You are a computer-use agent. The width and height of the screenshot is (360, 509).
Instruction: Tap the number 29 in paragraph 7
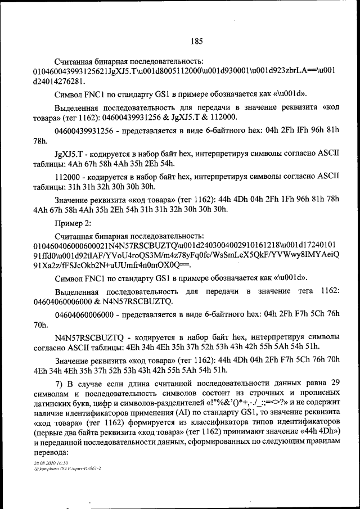[335, 384]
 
